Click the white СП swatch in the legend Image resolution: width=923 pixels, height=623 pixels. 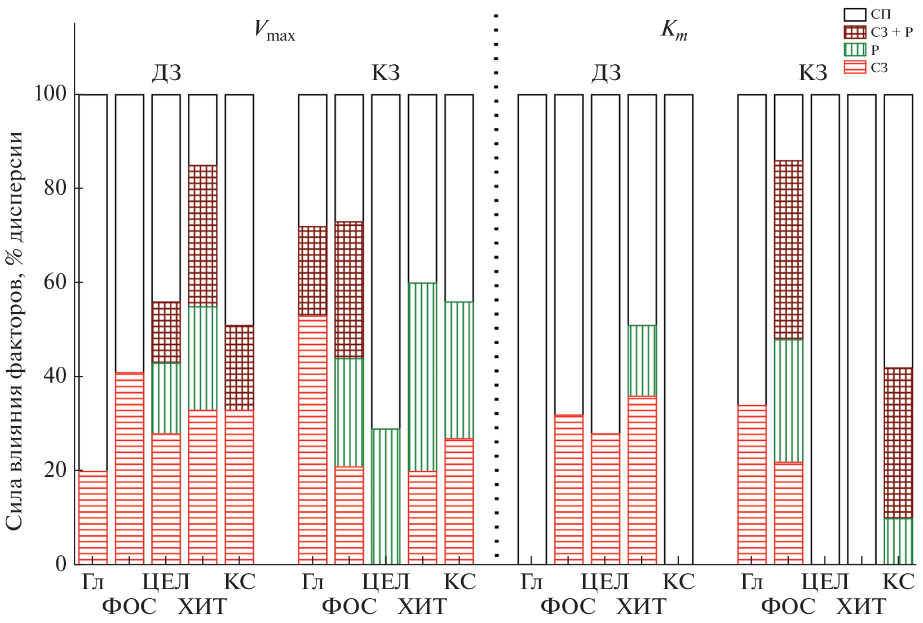854,15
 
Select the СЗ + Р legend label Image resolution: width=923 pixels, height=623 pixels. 891,32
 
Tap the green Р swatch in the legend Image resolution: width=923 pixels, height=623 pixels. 854,50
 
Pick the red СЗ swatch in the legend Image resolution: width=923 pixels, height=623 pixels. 854,68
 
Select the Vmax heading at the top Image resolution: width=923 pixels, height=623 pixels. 274,30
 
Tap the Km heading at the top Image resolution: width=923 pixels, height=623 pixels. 674,30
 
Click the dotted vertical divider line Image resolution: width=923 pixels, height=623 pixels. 496,282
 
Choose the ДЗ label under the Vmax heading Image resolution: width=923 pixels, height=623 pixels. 167,73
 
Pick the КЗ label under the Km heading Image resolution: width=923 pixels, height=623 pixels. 813,73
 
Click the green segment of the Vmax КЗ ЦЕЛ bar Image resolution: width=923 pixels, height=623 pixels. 386,496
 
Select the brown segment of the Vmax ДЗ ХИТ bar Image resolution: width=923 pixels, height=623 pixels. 202,235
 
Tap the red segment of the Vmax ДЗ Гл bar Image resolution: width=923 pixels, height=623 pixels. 93,517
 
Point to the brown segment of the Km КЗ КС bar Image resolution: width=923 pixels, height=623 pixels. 898,442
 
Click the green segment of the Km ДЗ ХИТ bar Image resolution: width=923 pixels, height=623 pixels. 642,360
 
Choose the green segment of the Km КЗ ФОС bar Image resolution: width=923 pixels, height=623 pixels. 788,400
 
